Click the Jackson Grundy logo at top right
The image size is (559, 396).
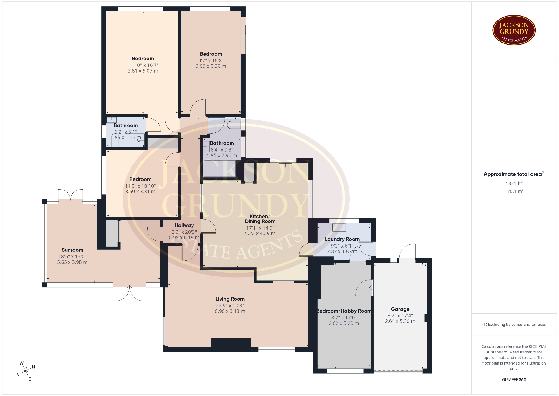pyautogui.click(x=514, y=30)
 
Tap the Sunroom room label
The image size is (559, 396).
pyautogui.click(x=72, y=250)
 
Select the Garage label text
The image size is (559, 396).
pyautogui.click(x=400, y=309)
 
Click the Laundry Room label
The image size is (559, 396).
pyautogui.click(x=342, y=239)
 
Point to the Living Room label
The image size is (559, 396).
pyautogui.click(x=230, y=299)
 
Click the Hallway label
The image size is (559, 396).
pyautogui.click(x=184, y=225)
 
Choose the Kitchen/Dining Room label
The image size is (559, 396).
pyautogui.click(x=260, y=219)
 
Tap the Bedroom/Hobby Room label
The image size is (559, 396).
pyautogui.click(x=344, y=311)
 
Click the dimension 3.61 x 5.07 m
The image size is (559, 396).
pyautogui.click(x=143, y=71)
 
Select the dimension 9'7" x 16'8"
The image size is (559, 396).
pyautogui.click(x=211, y=61)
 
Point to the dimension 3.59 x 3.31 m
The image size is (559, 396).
pyautogui.click(x=140, y=192)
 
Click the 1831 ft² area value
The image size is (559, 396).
pyautogui.click(x=514, y=183)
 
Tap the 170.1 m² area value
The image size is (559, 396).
pyautogui.click(x=514, y=191)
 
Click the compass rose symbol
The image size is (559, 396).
pyautogui.click(x=26, y=371)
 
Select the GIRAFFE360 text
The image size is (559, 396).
pyautogui.click(x=514, y=380)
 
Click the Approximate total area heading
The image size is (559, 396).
pyautogui.click(x=514, y=174)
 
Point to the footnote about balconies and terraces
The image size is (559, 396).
pyautogui.click(x=514, y=324)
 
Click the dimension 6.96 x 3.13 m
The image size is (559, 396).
pyautogui.click(x=230, y=311)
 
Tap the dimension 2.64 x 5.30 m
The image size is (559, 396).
pyautogui.click(x=400, y=321)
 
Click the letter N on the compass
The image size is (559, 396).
pyautogui.click(x=33, y=367)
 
